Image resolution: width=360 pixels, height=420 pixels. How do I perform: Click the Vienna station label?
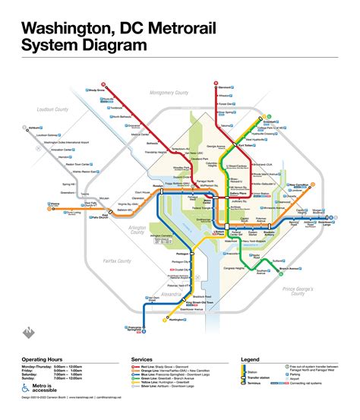click(33, 204)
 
